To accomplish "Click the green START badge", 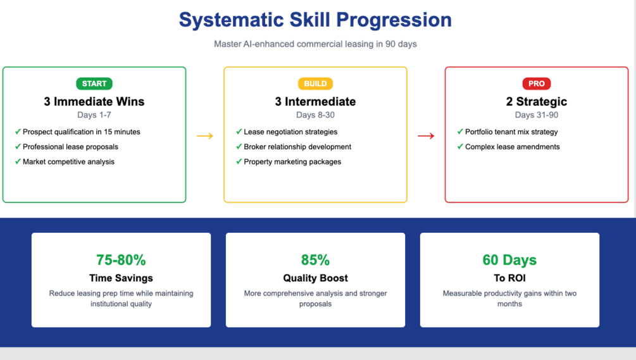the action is point(94,84).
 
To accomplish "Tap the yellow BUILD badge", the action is point(315,84).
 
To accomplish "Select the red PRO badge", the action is point(536,84).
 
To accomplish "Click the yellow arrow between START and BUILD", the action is point(205,136).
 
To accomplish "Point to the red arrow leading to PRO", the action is point(426,136).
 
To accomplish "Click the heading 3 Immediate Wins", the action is point(94,101).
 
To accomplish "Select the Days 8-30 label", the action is point(315,115).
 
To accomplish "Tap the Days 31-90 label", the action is point(536,115).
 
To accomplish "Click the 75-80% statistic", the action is point(121,260).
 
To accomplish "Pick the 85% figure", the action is point(315,260).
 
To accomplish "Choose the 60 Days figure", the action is point(509,260).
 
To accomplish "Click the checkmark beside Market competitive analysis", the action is point(18,161).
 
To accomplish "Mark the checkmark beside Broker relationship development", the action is point(239,146).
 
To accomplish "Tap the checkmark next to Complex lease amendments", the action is point(460,146).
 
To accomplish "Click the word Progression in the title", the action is point(394,20).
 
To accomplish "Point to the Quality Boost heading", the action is point(315,278).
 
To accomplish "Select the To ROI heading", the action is point(509,278).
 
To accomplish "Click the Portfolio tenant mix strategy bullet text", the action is point(511,132).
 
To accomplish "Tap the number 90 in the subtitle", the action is point(390,44).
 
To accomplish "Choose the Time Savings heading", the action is point(121,278).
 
